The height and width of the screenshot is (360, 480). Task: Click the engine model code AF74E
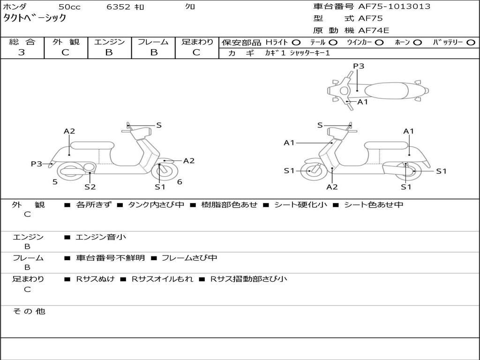click(374, 31)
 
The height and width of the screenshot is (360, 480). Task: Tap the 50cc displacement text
click(69, 7)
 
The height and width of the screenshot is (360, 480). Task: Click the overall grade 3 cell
click(22, 52)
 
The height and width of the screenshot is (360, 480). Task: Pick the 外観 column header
click(66, 42)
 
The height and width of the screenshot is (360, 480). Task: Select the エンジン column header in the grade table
click(109, 42)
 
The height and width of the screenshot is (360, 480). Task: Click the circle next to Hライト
click(296, 42)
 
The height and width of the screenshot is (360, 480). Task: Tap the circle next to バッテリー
click(471, 42)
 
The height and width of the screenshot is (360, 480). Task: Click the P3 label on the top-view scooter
click(359, 66)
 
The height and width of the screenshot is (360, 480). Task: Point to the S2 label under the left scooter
click(90, 187)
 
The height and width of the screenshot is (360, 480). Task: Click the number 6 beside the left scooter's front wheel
click(180, 182)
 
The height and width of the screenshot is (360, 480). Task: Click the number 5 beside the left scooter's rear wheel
click(55, 182)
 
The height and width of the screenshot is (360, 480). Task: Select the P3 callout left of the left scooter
click(37, 164)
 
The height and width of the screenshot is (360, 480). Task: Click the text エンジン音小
click(101, 237)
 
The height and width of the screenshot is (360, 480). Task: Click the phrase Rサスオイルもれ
click(162, 279)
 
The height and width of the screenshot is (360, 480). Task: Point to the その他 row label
click(29, 311)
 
